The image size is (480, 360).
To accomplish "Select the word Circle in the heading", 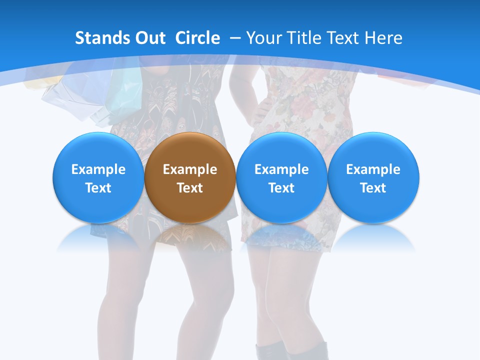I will point(197,38).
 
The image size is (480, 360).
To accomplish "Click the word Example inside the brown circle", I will point(190,169).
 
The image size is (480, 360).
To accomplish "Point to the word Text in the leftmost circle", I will point(98,188).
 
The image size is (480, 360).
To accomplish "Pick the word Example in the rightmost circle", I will point(373,169).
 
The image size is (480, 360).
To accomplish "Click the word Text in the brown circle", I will point(190,188).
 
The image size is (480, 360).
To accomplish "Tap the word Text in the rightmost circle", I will point(373,188).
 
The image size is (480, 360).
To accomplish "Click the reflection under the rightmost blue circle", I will point(373,237).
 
